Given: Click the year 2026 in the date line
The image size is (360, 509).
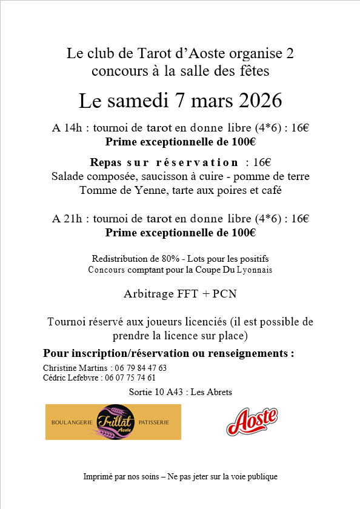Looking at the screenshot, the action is coord(257,101).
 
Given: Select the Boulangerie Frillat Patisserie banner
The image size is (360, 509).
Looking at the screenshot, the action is coord(113,422).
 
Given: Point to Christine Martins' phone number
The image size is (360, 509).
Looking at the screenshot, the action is coord(141,368).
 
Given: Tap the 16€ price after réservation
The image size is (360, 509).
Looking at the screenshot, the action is coord(262,162).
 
